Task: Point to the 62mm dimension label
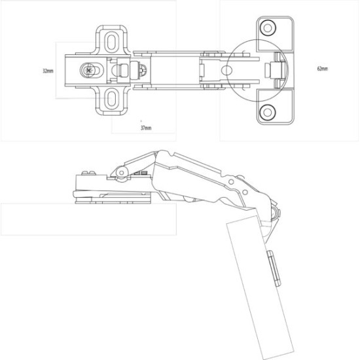322,68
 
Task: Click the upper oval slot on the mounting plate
112,41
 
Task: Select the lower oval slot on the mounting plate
112,99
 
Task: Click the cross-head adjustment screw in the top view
88,69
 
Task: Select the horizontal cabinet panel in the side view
85,219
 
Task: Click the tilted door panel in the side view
259,288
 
